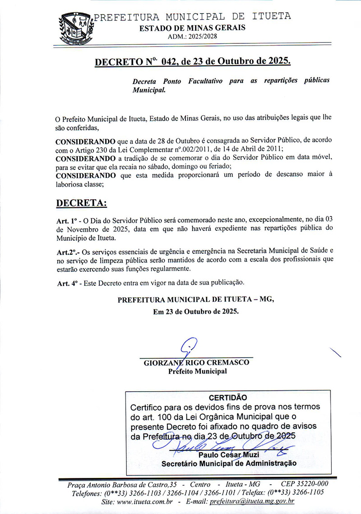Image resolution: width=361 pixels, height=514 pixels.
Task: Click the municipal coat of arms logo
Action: (75, 28)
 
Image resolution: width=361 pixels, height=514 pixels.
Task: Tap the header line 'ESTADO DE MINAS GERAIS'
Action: (192, 28)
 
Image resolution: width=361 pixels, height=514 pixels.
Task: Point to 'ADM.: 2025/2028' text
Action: (192, 37)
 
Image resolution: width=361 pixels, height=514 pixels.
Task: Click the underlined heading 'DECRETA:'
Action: (81, 203)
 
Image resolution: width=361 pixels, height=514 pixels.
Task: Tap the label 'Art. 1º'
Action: (66, 221)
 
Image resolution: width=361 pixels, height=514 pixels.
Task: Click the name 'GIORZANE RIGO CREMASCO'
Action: (196, 363)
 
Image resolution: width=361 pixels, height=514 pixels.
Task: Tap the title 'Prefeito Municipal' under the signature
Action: (198, 372)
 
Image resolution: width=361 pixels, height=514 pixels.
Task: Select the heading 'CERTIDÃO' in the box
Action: (228, 397)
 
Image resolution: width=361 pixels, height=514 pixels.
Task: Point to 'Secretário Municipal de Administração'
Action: (229, 463)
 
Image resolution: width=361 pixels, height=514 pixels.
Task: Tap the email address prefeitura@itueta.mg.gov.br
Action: (252, 501)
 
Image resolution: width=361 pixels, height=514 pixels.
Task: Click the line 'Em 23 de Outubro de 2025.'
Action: (196, 312)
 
